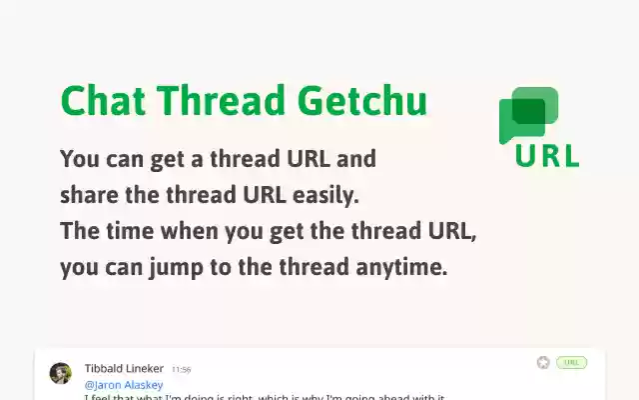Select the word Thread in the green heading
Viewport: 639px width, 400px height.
pos(226,101)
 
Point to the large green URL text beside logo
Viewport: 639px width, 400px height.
pos(547,156)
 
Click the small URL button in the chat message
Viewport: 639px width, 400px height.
pos(571,362)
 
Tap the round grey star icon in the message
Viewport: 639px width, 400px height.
pos(543,362)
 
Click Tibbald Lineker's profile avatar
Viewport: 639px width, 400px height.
pos(61,373)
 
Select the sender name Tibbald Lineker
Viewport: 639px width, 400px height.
pos(124,369)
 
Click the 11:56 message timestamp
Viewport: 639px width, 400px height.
pos(181,370)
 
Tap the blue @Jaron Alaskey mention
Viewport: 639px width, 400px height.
pos(123,384)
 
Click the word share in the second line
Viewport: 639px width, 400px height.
pos(87,195)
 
